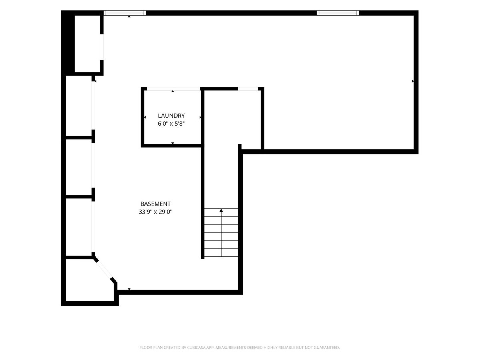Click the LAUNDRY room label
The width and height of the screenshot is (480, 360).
click(171, 116)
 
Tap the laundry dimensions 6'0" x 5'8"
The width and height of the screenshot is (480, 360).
click(171, 124)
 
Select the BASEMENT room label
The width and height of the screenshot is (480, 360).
click(155, 204)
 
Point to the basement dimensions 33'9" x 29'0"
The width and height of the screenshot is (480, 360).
click(155, 212)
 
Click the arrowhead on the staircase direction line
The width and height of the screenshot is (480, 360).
click(221, 210)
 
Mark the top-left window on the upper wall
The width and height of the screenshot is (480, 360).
click(125, 13)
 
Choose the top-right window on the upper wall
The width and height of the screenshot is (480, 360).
click(338, 13)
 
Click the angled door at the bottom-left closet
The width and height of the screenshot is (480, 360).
click(104, 269)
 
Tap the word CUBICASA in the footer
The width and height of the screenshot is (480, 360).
click(196, 347)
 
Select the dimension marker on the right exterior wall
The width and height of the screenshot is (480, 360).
click(413, 81)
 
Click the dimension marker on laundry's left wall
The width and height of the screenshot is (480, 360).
click(145, 117)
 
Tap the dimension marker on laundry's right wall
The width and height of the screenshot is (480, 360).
click(200, 117)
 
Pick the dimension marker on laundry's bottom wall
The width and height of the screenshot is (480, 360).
click(172, 143)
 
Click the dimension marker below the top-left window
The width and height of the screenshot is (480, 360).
click(129, 16)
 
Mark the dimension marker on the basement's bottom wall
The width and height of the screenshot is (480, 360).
click(129, 289)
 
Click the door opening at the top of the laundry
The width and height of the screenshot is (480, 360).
click(174, 89)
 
